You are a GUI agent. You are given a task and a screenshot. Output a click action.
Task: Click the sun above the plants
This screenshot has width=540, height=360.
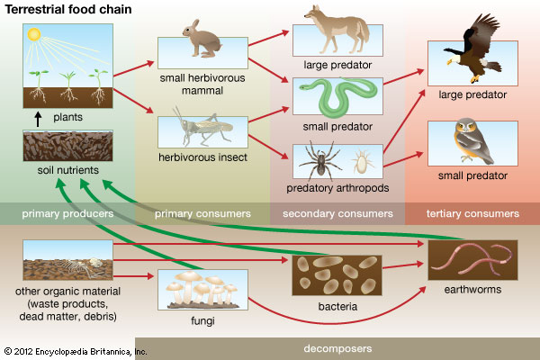point(34,35)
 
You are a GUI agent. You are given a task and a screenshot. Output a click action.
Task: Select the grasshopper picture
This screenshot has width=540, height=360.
point(202,130)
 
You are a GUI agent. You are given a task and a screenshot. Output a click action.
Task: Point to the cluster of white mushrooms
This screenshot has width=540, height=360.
point(202,288)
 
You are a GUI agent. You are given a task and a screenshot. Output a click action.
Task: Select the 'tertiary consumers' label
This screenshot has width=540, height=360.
point(473,214)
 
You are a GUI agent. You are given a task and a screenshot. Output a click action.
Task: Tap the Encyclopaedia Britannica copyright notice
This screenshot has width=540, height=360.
point(76,350)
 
